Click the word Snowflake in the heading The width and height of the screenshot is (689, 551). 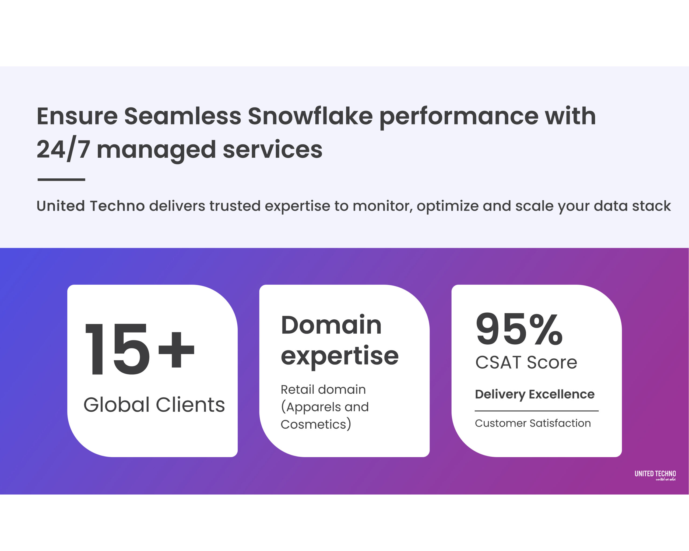[x=310, y=116]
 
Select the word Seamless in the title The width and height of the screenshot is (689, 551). [x=182, y=116]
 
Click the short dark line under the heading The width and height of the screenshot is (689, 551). [x=61, y=179]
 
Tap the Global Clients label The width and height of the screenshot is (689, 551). [x=154, y=405]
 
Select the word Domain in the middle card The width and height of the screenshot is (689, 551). [x=331, y=325]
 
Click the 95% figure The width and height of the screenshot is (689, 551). [x=519, y=329]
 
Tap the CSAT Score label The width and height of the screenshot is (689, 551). [x=526, y=363]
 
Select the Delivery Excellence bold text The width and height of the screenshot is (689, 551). [x=534, y=394]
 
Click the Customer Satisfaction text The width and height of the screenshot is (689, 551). [x=533, y=423]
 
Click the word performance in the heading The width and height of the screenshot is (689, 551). [x=459, y=116]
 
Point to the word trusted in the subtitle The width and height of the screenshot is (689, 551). [x=235, y=206]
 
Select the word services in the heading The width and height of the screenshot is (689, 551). [x=272, y=150]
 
